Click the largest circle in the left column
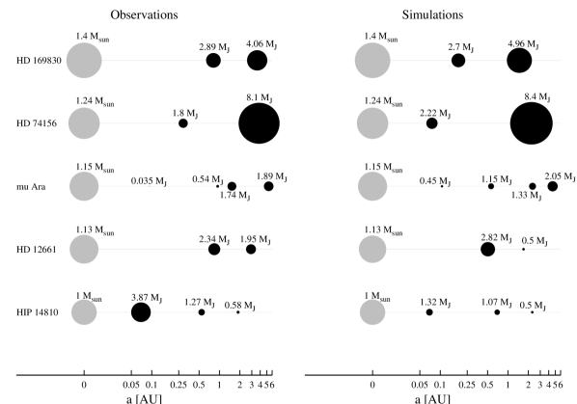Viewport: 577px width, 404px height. click(84, 61)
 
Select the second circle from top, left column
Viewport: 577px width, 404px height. click(84, 123)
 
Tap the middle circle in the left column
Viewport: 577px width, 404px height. click(84, 186)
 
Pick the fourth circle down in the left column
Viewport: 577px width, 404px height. click(84, 249)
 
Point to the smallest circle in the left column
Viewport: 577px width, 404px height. click(84, 312)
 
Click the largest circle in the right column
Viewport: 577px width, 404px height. click(372, 61)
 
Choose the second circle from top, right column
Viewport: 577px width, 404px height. click(372, 123)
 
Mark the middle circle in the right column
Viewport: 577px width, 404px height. click(372, 186)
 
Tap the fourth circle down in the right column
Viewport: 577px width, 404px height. click(372, 249)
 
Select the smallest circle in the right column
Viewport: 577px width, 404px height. click(372, 312)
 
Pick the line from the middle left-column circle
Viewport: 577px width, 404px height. click(125, 186)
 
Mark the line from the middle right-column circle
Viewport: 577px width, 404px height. click(415, 186)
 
